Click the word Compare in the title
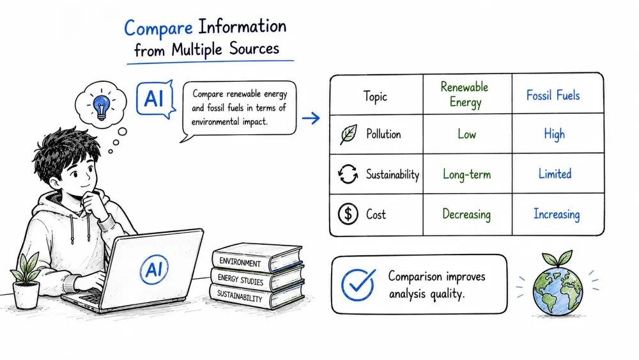click(158, 28)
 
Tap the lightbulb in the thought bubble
click(101, 106)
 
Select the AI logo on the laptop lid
click(154, 269)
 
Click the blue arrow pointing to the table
click(311, 119)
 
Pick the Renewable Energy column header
click(465, 94)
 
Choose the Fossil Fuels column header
click(553, 95)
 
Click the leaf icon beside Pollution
click(348, 134)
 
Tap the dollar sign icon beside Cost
click(348, 214)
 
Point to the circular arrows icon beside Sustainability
click(348, 174)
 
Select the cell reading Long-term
click(467, 175)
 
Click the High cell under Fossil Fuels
click(554, 134)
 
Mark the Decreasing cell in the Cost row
click(466, 214)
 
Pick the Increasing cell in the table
click(557, 214)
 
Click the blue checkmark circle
click(358, 285)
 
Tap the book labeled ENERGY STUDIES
click(257, 279)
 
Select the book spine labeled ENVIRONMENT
click(240, 262)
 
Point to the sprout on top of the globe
click(557, 258)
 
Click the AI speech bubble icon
click(156, 99)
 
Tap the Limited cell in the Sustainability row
click(555, 174)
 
